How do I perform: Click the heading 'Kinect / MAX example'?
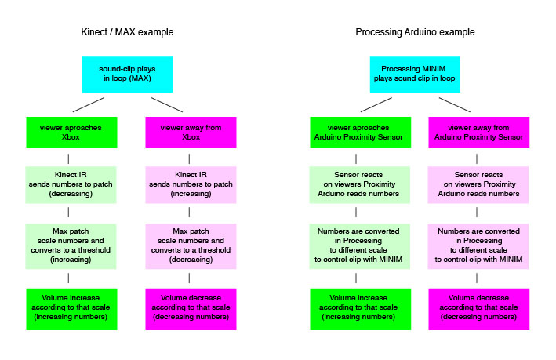point(127,32)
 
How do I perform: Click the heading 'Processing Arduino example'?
point(415,32)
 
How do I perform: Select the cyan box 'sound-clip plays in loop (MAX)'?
point(128,74)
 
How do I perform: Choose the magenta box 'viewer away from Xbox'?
point(191,131)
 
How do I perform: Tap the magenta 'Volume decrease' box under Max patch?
point(191,307)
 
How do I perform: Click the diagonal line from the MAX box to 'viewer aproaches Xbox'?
point(88,104)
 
